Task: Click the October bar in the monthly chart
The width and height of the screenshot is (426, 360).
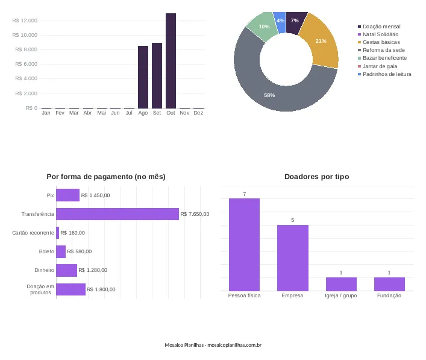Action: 171,61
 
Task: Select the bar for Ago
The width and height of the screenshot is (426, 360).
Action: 143,77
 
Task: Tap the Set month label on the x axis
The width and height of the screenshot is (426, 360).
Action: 157,113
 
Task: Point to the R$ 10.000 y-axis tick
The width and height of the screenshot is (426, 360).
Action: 25,35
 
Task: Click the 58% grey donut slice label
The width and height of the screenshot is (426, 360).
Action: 269,95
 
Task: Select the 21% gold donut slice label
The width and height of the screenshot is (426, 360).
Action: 321,41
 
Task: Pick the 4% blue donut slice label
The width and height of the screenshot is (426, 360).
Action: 280,21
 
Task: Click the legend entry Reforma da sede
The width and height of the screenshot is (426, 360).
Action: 381,50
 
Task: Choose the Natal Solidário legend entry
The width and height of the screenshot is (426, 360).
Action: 378,34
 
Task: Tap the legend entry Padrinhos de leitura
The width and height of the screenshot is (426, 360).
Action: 384,74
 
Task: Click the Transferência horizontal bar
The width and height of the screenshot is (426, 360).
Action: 117,214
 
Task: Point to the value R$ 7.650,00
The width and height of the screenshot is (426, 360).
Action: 195,214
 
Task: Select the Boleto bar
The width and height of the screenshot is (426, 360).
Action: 61,251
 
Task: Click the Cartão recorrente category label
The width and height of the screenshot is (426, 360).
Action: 33,233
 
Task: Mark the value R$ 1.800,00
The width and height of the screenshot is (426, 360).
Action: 101,289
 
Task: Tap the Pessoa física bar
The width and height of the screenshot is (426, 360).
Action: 244,245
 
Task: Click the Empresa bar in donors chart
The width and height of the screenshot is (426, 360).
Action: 293,257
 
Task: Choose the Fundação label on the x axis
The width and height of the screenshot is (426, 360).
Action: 389,295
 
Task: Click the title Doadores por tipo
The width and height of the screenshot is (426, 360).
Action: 316,177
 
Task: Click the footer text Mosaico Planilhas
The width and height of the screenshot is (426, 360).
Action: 184,345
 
